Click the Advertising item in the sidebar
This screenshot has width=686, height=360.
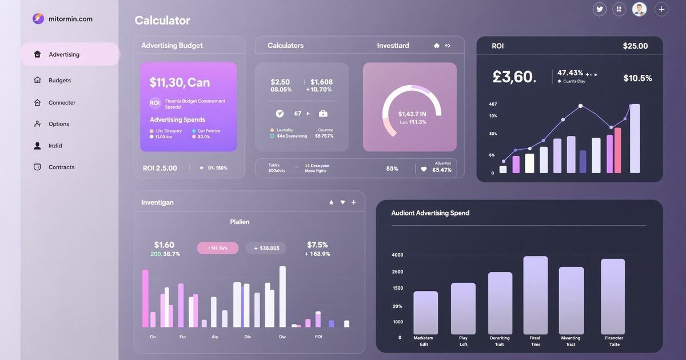64,55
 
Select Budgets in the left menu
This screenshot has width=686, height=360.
59,81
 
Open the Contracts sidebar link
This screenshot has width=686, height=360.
61,167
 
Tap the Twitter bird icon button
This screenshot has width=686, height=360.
600,9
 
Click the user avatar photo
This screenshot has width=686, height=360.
639,9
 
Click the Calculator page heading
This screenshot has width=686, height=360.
162,21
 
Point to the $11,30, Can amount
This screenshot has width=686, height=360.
180,83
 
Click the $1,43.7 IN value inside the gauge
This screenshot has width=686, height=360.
412,114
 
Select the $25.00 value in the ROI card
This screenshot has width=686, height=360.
635,46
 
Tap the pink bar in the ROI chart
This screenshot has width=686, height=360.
617,150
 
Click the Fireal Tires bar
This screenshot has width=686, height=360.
535,295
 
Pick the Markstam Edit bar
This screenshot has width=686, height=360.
425,313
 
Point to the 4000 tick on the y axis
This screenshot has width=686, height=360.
397,255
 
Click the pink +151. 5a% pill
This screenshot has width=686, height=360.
218,248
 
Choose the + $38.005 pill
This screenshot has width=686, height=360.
266,248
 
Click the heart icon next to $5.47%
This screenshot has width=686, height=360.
424,169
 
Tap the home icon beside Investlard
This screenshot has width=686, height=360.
437,46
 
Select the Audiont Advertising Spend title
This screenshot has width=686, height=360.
430,213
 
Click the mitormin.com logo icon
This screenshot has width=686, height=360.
38,19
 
